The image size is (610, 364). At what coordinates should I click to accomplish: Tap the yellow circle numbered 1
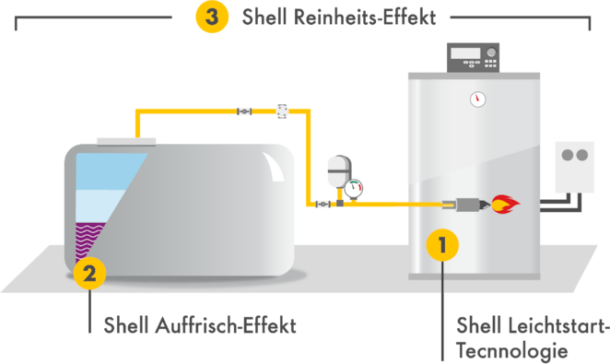pos(443,245)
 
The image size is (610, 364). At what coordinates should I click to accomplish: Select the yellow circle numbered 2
pos(89,273)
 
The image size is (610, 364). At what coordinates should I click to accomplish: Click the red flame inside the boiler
pos(504,203)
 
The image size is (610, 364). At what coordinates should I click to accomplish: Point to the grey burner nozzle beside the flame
pos(465,204)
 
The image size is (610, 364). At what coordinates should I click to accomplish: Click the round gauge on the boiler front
pos(477,99)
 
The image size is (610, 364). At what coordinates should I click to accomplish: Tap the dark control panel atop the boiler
pos(473,57)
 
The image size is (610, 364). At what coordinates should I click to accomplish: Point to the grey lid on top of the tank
pos(125,141)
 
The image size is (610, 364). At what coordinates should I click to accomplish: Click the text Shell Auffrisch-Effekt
pos(199,325)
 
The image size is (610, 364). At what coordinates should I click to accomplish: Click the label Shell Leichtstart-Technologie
pos(531,337)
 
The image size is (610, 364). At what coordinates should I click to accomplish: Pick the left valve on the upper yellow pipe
pos(244,110)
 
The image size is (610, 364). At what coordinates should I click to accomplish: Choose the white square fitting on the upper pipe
pos(282,110)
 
